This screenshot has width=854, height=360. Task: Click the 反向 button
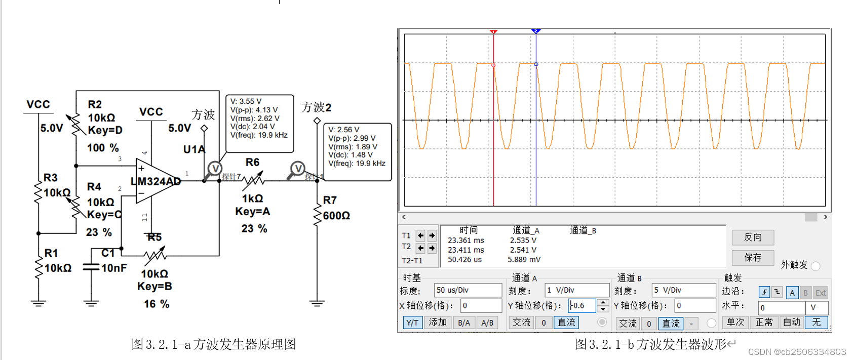753,237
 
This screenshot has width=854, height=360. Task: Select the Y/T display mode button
412,323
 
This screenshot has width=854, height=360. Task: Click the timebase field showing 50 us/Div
468,290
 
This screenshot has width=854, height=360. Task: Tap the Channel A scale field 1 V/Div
576,290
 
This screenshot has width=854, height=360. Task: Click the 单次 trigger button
735,323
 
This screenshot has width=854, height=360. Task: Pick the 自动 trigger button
791,323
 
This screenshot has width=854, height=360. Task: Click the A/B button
487,323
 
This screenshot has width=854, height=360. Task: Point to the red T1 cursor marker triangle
493,32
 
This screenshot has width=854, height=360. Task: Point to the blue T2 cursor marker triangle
536,31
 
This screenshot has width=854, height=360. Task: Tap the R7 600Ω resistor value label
336,216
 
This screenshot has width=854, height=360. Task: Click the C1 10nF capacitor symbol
91,267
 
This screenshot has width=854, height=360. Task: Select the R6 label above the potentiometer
252,163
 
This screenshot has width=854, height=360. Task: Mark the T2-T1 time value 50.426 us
464,260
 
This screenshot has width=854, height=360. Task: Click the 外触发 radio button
816,266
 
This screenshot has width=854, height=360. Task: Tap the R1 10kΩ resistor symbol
38,267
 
